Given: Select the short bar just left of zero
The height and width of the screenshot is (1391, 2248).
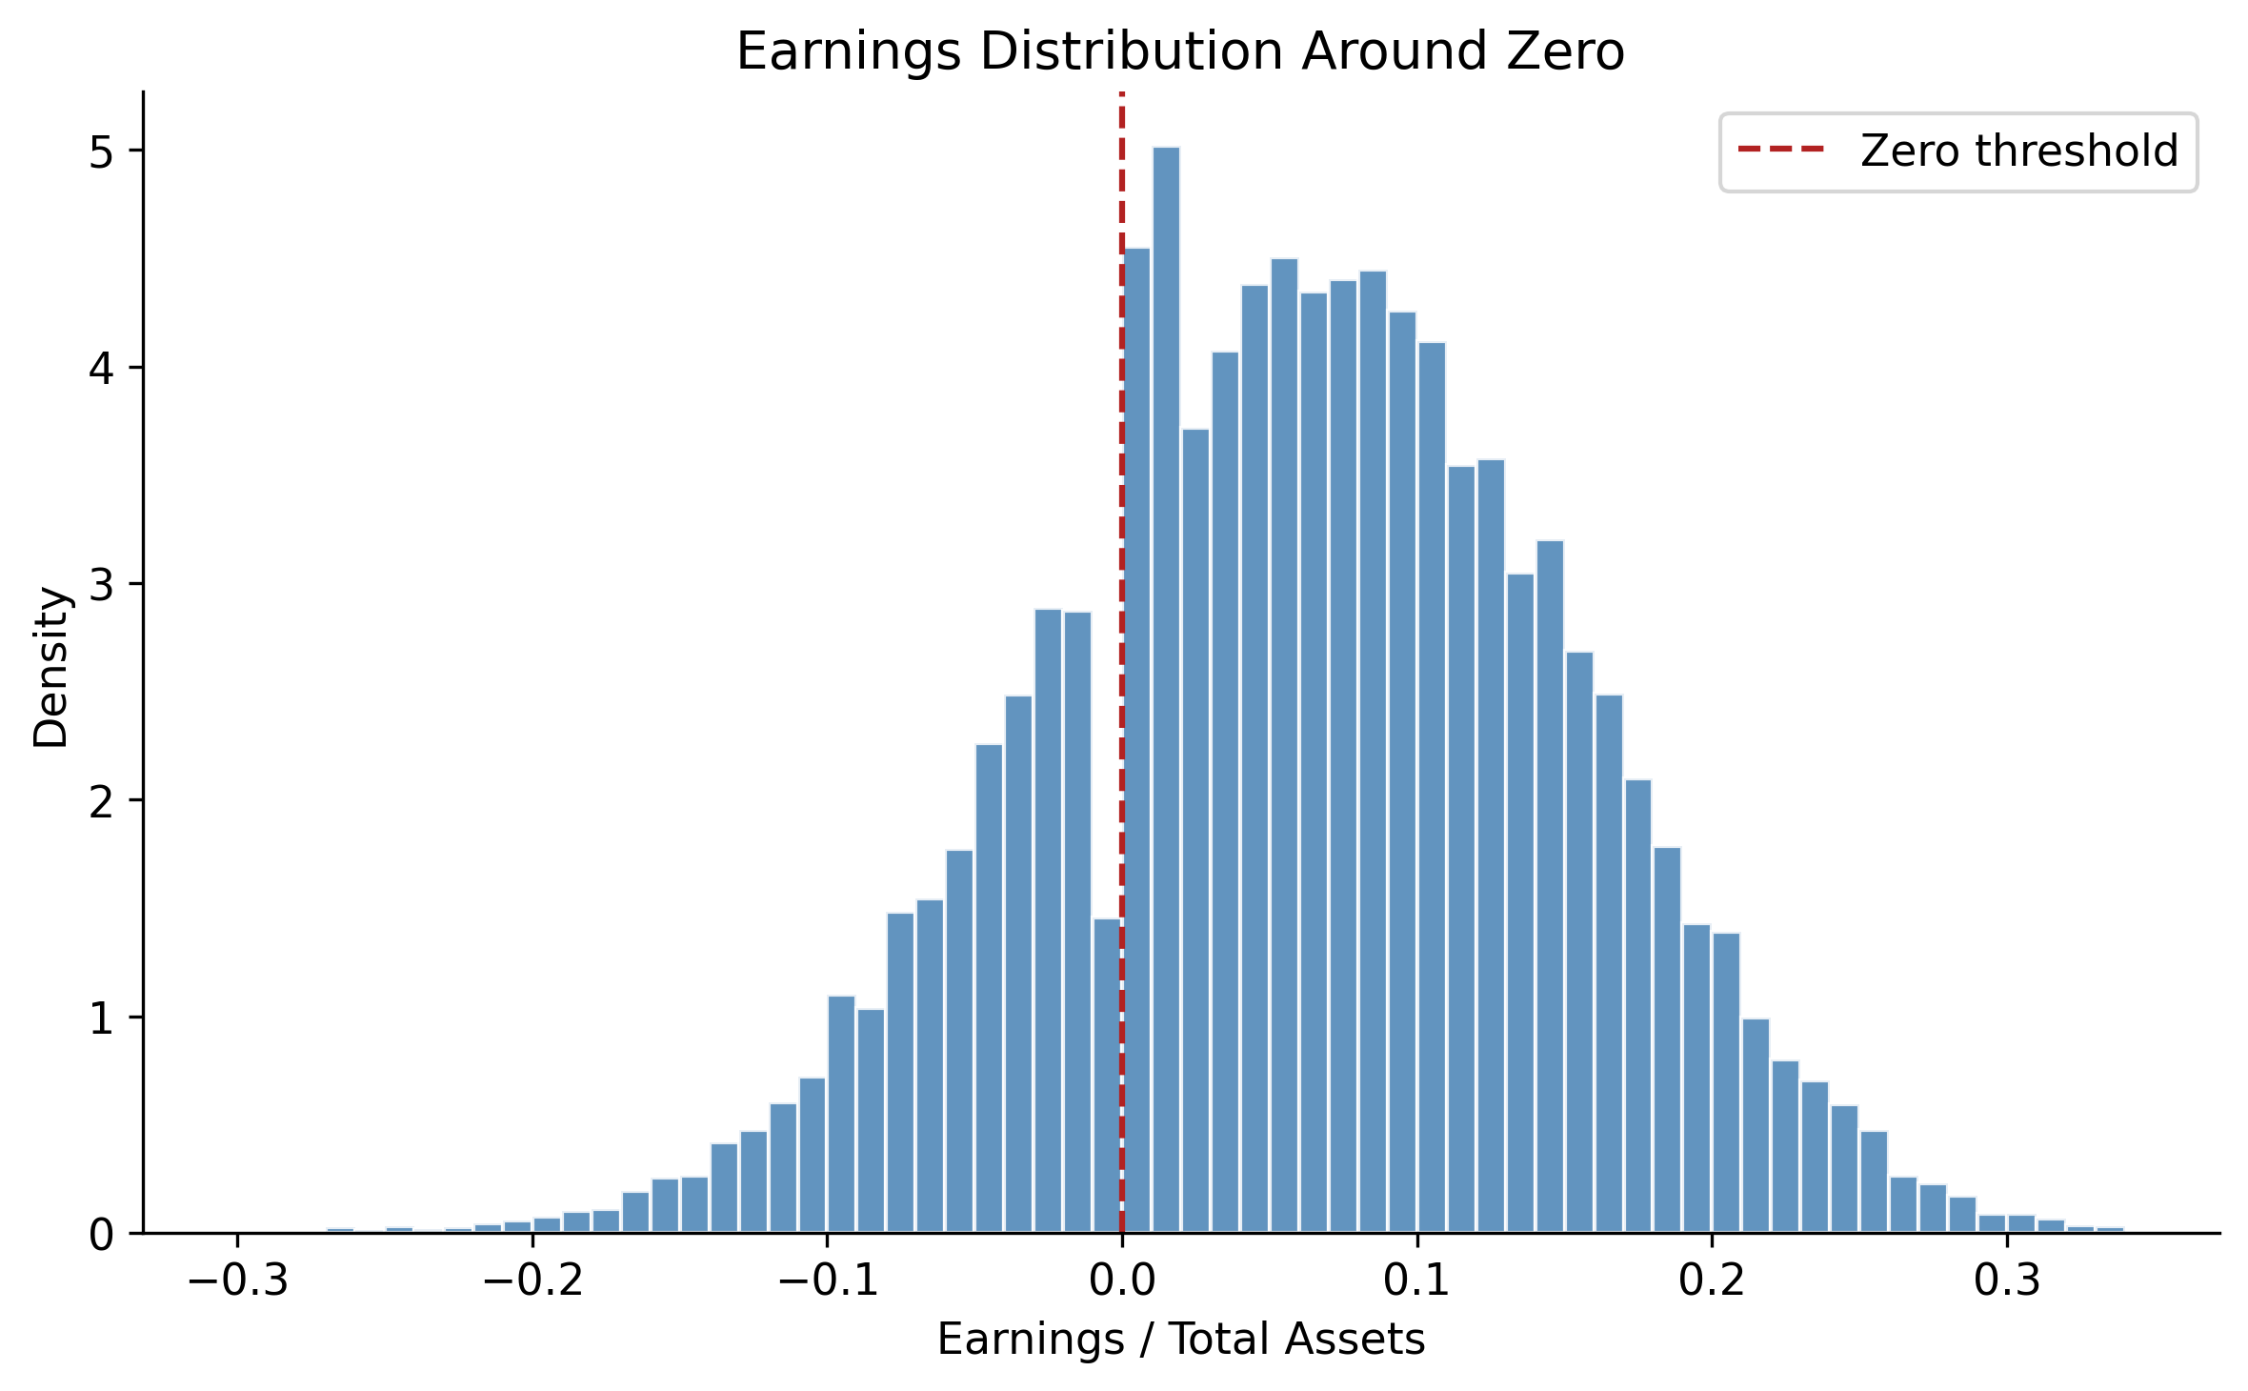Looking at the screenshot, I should [x=1107, y=1077].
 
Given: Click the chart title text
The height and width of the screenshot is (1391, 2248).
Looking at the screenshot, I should [x=1180, y=51].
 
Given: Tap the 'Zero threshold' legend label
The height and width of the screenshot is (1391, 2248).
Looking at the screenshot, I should [x=2018, y=151].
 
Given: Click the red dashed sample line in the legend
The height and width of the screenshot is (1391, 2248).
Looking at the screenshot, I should [x=1780, y=150].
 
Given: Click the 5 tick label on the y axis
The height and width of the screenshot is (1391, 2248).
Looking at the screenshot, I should [x=101, y=151].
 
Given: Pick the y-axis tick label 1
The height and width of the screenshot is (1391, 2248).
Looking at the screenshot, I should [x=101, y=1018].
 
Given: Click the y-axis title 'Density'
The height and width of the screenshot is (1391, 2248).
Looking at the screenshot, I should [x=51, y=667].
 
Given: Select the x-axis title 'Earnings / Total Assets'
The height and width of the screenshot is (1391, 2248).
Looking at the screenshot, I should [x=1180, y=1340].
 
